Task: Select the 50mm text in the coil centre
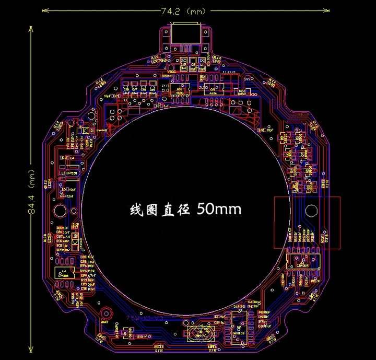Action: pos(219,210)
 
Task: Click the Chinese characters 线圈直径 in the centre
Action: pos(160,210)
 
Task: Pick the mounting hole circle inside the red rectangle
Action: pos(312,211)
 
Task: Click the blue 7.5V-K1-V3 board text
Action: pos(145,318)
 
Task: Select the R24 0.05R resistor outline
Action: pos(242,92)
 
